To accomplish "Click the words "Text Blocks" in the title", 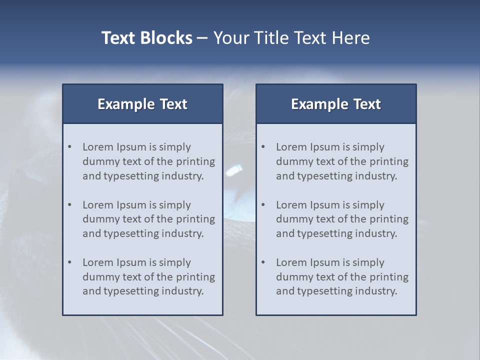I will click(147, 38).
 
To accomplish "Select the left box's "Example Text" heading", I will click(142, 104).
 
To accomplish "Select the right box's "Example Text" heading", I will click(336, 104).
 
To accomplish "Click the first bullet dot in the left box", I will click(70, 147).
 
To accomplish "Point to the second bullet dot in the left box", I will click(70, 205).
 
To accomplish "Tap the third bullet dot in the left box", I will click(70, 262).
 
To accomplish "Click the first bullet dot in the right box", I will click(263, 147).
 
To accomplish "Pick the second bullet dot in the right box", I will click(263, 205).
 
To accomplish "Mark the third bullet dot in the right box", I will click(263, 262).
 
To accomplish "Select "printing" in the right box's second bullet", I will click(389, 219).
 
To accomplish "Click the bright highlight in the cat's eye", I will click(233, 171).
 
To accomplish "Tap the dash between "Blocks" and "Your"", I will click(202, 38).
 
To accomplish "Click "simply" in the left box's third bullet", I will click(175, 263).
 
